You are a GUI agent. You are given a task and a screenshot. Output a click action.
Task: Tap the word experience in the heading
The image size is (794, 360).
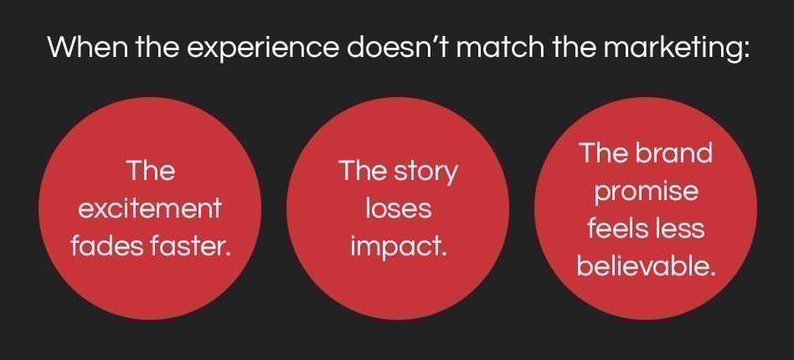click(262, 49)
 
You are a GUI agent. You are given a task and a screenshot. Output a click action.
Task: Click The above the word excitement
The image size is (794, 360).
click(151, 170)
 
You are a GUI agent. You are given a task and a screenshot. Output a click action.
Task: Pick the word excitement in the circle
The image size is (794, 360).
click(151, 208)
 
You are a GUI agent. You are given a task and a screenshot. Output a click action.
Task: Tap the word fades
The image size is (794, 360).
click(106, 247)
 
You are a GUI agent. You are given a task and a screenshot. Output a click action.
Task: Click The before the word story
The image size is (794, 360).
click(363, 170)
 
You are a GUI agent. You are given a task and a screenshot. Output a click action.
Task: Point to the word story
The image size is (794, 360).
click(427, 172)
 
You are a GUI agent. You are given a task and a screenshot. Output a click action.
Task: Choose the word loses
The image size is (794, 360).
click(399, 208)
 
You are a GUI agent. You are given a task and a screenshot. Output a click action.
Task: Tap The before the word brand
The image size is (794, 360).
click(604, 152)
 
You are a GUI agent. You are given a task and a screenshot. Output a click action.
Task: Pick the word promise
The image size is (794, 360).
click(646, 193)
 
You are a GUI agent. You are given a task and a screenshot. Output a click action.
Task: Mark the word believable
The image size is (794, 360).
click(647, 266)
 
